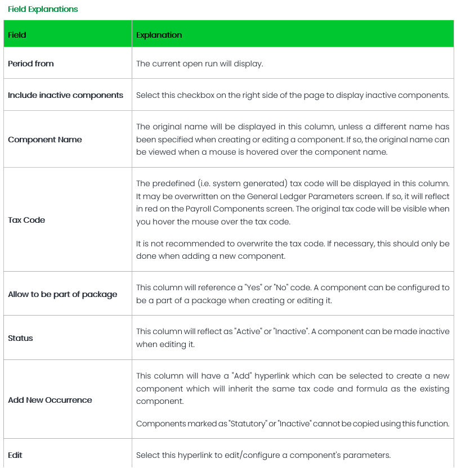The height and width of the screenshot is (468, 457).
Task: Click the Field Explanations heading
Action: click(43, 10)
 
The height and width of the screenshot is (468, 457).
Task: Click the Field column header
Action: click(17, 35)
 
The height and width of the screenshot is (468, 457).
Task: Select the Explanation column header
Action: click(159, 35)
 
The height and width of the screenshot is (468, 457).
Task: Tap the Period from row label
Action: click(31, 64)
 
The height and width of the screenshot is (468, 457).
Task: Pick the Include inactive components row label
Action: click(65, 95)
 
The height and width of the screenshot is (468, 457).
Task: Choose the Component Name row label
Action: click(45, 139)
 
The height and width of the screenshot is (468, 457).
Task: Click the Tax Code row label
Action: click(26, 220)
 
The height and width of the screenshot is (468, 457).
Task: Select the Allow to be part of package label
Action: click(62, 294)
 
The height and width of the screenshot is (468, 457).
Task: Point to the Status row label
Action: click(20, 338)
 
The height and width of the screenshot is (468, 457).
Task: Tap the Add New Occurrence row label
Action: click(50, 400)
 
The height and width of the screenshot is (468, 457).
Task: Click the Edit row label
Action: click(15, 454)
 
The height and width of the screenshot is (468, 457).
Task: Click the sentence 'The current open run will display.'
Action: click(200, 64)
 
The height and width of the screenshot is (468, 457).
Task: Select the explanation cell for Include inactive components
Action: click(293, 95)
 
